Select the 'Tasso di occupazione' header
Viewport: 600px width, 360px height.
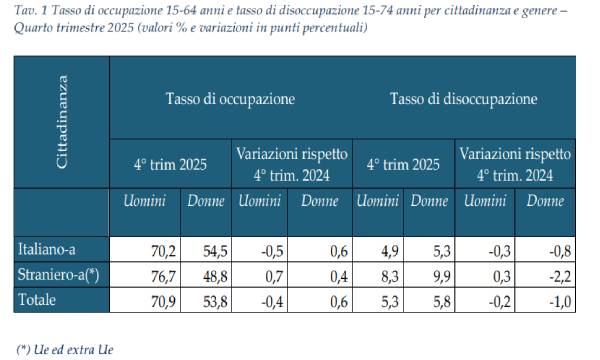tap(230, 100)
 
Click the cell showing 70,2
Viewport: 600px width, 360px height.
tap(162, 249)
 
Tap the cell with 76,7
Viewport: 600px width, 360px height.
tap(162, 273)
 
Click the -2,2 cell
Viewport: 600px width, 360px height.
tap(559, 273)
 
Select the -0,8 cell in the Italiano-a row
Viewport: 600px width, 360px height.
tap(559, 249)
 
